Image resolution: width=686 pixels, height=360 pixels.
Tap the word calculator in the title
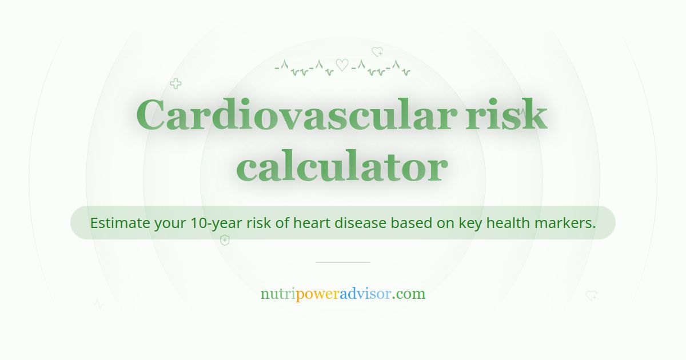(x=342, y=167)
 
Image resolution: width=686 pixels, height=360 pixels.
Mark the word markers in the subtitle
(x=565, y=223)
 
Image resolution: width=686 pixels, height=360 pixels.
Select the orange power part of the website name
(x=317, y=294)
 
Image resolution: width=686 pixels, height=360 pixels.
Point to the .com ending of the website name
(x=409, y=294)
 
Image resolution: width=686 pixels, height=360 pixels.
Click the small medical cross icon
(x=176, y=84)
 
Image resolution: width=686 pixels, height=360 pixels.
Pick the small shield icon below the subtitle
(x=225, y=240)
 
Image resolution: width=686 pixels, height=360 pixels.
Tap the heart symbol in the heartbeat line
(x=342, y=66)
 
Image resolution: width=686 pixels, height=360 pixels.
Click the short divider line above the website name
(x=343, y=262)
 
